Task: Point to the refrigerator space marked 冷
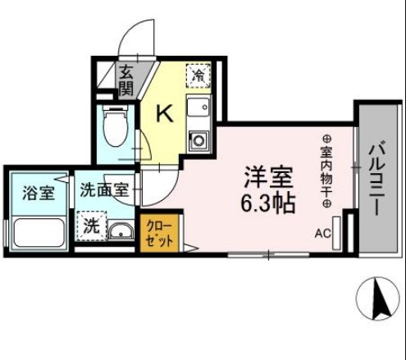coord(198,75)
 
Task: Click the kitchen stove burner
coord(198,140)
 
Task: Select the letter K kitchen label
coord(164,114)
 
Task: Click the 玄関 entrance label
coord(126,80)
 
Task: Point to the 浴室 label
coord(38,194)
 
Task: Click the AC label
coord(323,233)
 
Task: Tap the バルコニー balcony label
coord(378,180)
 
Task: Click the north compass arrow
coord(380,298)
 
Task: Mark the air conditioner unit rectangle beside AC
coord(347,232)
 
